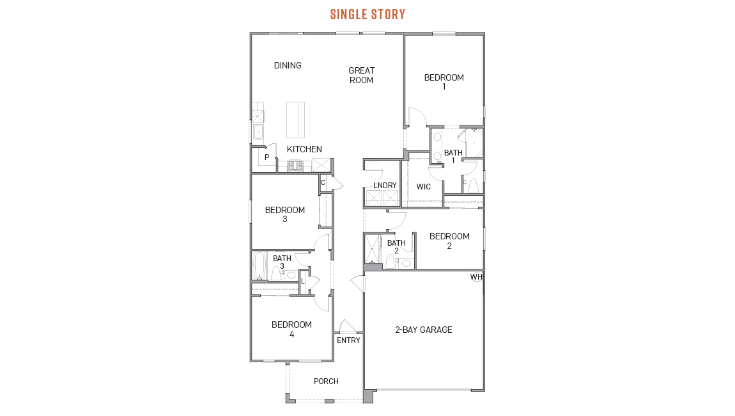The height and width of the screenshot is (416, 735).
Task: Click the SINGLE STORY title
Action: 367,14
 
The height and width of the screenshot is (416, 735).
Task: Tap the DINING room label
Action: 288,65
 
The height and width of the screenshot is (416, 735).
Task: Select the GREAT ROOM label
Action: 361,76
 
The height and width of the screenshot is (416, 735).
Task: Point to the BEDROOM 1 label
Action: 444,82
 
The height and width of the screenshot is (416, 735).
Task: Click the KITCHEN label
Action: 304,149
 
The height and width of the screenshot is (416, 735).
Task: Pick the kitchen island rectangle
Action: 295,120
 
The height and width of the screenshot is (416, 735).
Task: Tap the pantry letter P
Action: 267,157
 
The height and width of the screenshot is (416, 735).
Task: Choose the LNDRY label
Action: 385,186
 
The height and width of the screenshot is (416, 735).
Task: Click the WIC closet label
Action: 423,187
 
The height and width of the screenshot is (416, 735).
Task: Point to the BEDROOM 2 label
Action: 449,241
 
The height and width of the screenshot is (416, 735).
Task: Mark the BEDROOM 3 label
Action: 285,214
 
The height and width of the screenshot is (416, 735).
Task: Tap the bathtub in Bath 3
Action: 259,266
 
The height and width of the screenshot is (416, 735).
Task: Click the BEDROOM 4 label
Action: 291,329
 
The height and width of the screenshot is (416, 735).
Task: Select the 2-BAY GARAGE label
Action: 423,330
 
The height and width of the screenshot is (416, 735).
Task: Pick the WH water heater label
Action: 476,277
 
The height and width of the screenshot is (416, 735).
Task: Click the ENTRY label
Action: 348,340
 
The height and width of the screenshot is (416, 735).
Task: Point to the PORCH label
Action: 326,381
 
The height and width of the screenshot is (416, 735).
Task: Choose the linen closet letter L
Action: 302,281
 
